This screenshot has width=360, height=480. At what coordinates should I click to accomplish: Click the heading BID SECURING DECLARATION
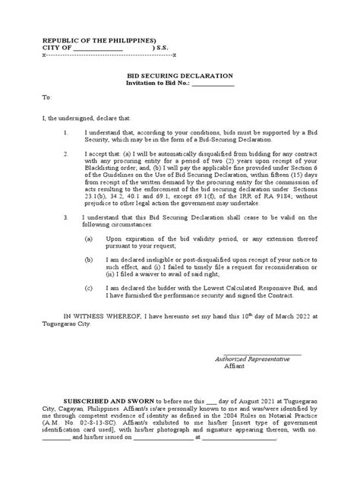point(179,77)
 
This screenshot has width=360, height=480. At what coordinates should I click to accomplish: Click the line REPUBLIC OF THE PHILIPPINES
point(88,39)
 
